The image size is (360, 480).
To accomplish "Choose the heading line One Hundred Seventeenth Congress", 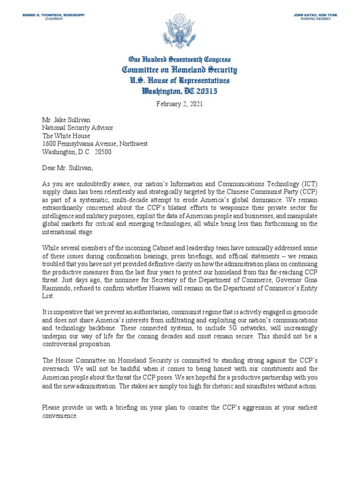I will point(180,60).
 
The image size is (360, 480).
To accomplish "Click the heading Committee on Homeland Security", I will point(180,70).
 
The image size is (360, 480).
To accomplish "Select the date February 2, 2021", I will point(180,104).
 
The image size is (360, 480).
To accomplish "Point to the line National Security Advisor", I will point(78,127).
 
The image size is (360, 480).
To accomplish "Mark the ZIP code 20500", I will point(103,152).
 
